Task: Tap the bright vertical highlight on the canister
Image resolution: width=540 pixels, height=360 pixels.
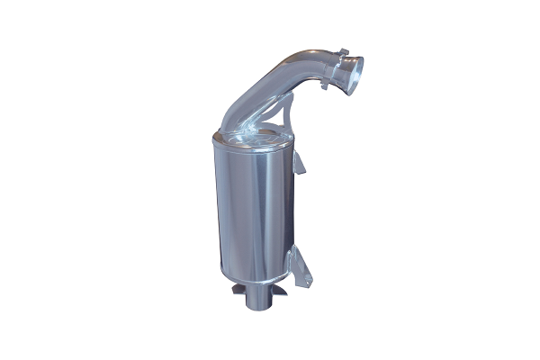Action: (x=236, y=216)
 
